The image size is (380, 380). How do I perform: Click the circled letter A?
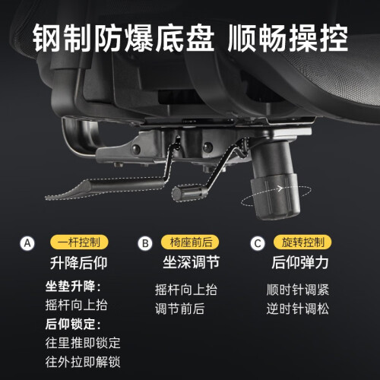pos(27,243)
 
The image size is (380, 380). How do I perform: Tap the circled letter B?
pos(145,243)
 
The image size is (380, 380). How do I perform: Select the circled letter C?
pos(258,243)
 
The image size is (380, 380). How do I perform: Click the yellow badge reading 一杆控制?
pos(79,242)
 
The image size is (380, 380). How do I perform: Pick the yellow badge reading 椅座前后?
pos(190,242)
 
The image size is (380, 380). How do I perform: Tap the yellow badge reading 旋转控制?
pos(302,242)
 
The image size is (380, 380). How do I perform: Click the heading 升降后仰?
pos(78,263)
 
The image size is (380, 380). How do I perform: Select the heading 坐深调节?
pos(191,262)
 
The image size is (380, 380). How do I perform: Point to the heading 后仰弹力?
pos(300,262)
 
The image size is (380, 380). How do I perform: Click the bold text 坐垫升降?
pos(70,287)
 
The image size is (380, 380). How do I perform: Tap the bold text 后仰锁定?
pos(70,324)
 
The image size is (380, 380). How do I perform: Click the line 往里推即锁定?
pos(83,343)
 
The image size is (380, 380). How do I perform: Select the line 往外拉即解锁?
pos(83,362)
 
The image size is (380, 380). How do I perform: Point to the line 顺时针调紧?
pos(298,290)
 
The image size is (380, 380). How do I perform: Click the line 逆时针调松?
pos(298,309)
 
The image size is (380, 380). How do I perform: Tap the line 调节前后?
pos(180,309)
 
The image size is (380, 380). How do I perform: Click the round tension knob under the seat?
pos(276,196)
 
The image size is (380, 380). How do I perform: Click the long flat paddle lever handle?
pos(104,188)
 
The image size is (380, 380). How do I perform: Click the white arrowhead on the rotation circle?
pos(280,188)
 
